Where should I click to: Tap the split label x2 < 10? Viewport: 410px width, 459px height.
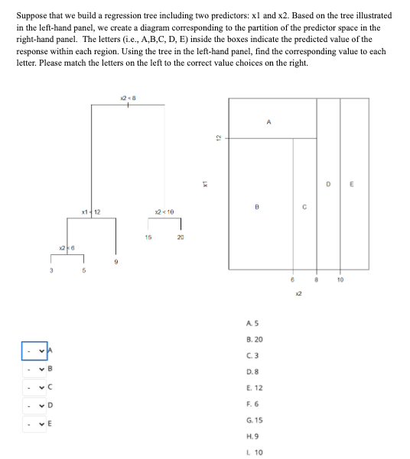[164, 211]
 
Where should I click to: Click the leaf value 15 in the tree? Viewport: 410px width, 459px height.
[148, 237]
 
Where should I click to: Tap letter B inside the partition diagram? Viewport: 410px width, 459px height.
[257, 206]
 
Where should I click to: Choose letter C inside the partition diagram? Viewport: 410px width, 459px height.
[304, 206]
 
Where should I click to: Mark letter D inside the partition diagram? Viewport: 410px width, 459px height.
[328, 183]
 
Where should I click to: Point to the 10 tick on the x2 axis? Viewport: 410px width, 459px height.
[340, 280]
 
